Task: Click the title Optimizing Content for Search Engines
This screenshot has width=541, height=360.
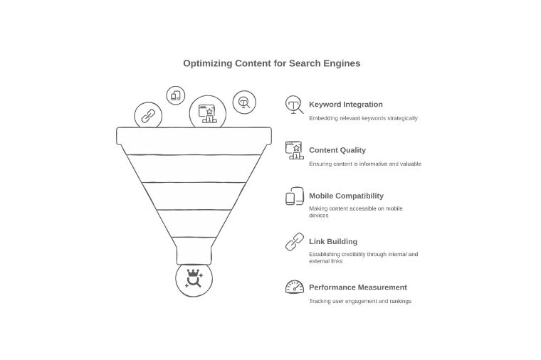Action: coord(271,63)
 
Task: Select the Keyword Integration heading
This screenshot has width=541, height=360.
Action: coord(345,105)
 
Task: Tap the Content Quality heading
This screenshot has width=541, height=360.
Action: coord(337,150)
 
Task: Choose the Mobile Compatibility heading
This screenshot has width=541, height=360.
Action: coord(346,196)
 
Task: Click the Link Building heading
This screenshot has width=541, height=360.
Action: coord(332,242)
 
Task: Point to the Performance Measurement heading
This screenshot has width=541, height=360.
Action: coord(357,287)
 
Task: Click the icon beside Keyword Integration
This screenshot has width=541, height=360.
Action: coord(294,105)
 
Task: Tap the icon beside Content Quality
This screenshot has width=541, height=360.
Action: coord(294,150)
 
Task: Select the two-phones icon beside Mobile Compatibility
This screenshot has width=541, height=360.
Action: coord(294,196)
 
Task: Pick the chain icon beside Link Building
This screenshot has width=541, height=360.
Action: coord(294,242)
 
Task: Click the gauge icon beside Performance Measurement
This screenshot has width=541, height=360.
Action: coord(294,287)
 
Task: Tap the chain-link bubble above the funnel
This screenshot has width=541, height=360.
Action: coord(148,116)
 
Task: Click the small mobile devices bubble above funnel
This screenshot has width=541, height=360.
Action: coord(176,95)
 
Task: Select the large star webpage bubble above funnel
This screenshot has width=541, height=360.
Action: coord(208,113)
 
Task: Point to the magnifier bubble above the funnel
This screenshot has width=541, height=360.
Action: coord(244,102)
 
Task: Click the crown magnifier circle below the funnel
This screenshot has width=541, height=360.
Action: coord(194,279)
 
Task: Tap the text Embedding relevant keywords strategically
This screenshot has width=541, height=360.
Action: coord(363,118)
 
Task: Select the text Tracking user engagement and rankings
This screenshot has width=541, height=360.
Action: coord(359,301)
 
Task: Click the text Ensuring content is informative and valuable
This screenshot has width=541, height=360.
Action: coord(364,164)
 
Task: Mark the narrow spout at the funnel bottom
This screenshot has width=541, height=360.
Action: coord(194,251)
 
